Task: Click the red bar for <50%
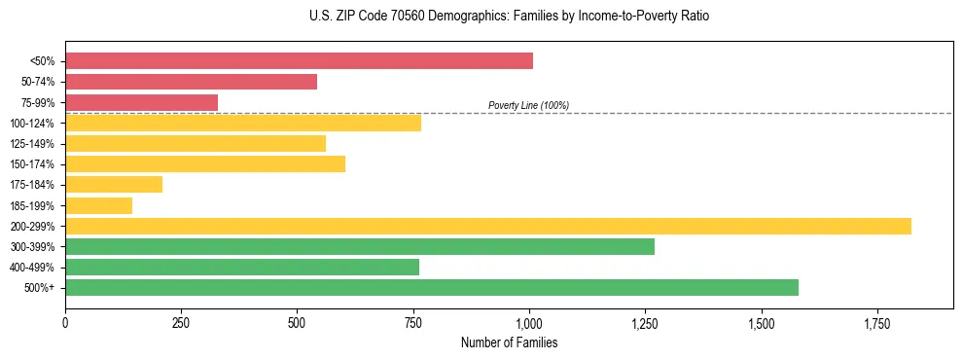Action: pos(299,61)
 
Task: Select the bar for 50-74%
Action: pos(191,82)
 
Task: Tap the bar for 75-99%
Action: pos(141,102)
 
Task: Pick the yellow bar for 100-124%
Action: pos(243,123)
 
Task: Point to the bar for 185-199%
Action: pos(98,205)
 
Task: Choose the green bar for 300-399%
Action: pos(360,246)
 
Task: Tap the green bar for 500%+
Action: pos(432,287)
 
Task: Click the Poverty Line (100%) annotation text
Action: pos(528,105)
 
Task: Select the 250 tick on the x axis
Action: pos(181,323)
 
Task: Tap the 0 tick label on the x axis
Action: pos(65,323)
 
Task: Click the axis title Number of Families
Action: pos(509,342)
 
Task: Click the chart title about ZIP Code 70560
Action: pos(511,17)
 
